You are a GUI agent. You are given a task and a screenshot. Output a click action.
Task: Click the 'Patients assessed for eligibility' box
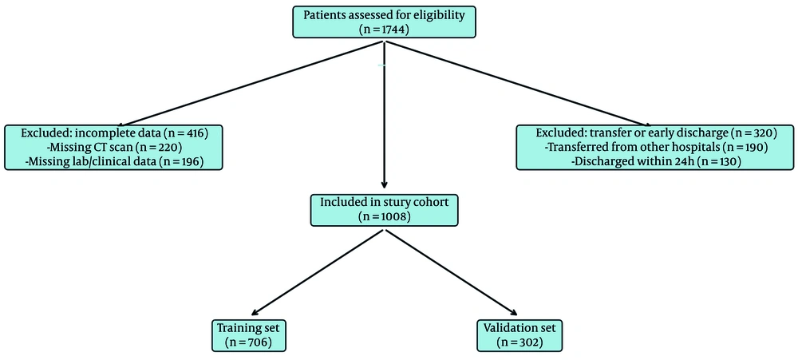385,22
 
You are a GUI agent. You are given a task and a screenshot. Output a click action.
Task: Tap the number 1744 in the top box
389,30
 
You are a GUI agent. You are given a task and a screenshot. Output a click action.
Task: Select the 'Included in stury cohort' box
385,209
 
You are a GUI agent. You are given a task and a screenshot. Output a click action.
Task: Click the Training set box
248,335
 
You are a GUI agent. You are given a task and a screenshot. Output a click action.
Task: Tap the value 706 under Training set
253,342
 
